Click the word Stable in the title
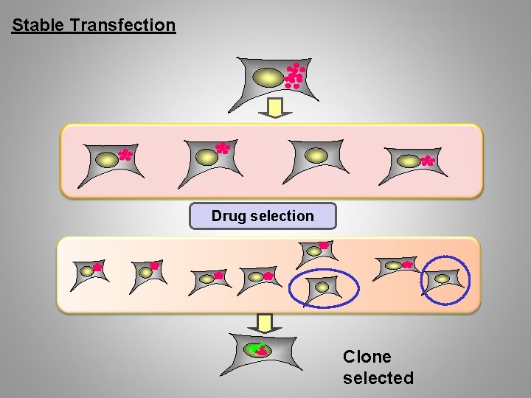[x=39, y=25]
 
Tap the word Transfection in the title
[x=122, y=25]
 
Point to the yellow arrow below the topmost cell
[x=275, y=109]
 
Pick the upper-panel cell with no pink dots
[x=315, y=158]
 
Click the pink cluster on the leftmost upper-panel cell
[x=125, y=155]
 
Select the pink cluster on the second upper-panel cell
[x=223, y=148]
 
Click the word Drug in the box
[x=229, y=217]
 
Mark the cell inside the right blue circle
[x=442, y=279]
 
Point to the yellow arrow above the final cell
[x=265, y=323]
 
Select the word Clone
[x=367, y=357]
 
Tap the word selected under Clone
[x=378, y=378]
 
